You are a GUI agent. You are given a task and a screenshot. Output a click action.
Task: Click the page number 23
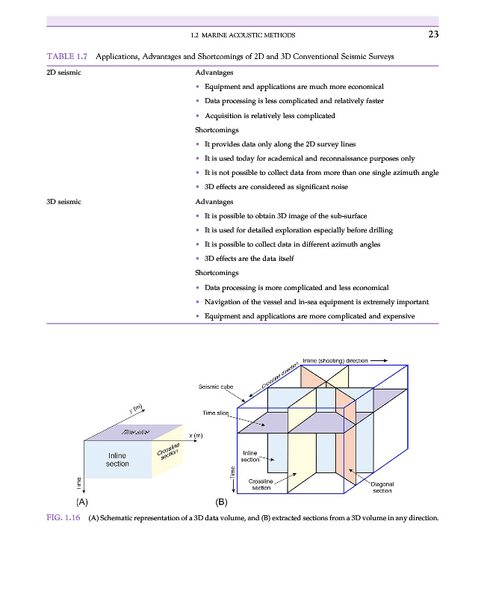coord(432,34)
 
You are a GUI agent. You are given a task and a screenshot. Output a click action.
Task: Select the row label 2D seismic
coord(63,73)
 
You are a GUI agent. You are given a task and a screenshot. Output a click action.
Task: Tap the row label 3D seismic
coord(63,202)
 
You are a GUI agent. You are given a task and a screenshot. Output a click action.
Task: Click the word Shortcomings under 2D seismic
coord(217,130)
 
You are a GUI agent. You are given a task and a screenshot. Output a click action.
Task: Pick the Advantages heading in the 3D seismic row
coord(214,202)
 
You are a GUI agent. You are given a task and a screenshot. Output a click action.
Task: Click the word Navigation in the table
coord(225,302)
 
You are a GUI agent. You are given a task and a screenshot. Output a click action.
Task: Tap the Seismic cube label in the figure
coord(216,386)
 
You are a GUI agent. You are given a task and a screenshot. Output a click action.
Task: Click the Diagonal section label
coord(382,487)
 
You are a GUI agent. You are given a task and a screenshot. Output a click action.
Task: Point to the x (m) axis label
coord(196,436)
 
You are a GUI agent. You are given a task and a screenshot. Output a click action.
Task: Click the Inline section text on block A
coord(117,459)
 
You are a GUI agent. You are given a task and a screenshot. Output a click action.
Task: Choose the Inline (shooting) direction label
coord(335,360)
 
